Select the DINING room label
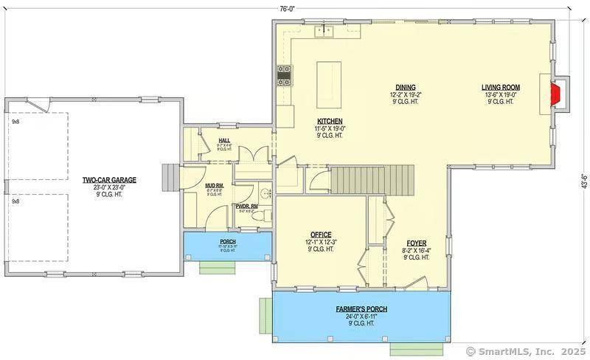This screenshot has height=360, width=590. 405,86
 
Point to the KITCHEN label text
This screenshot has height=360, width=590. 330,121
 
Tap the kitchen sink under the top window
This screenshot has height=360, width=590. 324,31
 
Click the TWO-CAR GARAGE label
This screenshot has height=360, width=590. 109,179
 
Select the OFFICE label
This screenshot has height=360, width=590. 320,235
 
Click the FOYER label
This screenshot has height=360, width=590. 416,243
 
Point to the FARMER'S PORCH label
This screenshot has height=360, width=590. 361,309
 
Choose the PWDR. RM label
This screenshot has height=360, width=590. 245,207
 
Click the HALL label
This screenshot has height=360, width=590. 225,139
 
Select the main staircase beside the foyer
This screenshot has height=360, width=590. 369,178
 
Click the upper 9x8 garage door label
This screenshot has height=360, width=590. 15,121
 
